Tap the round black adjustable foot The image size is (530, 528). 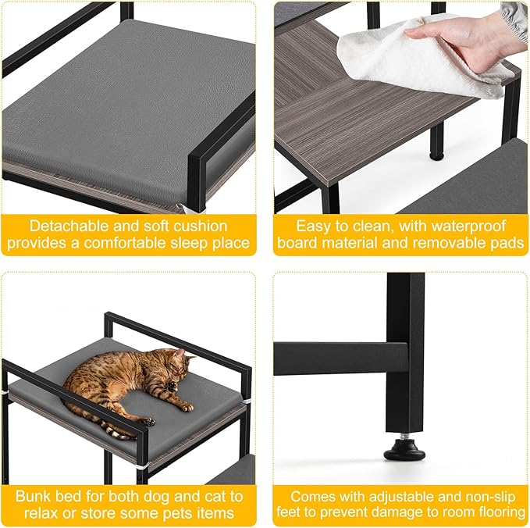coord(404,451)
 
